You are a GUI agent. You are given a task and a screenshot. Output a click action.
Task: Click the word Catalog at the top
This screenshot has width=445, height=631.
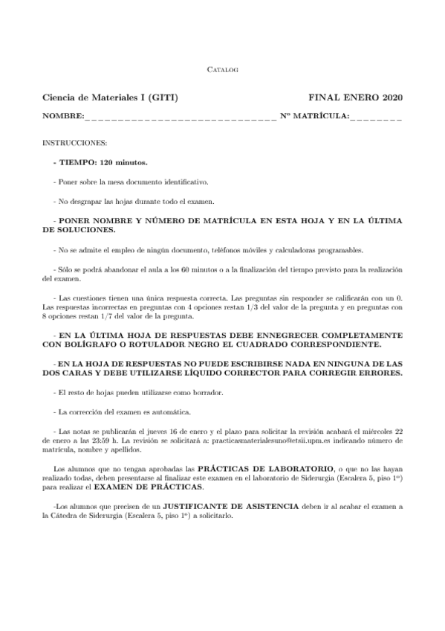pos(221,69)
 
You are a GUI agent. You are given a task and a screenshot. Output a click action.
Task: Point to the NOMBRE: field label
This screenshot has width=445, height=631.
pos(63,116)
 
